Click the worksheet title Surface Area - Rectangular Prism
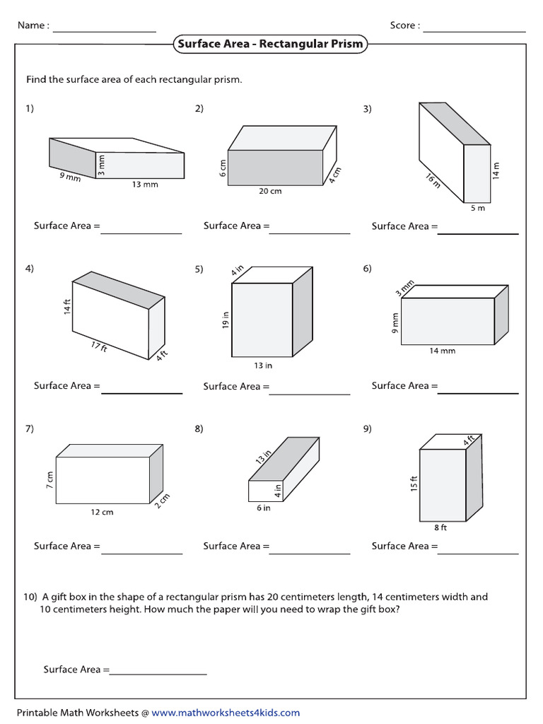pyautogui.click(x=270, y=44)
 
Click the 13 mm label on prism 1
pyautogui.click(x=144, y=185)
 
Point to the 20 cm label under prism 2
pyautogui.click(x=270, y=191)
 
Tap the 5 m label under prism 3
pyautogui.click(x=478, y=209)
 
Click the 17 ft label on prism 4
pyautogui.click(x=98, y=347)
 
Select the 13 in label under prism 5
pyautogui.click(x=263, y=366)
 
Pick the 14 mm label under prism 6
pyautogui.click(x=443, y=351)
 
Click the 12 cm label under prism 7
pyautogui.click(x=103, y=512)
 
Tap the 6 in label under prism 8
pyautogui.click(x=263, y=508)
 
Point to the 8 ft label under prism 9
pyautogui.click(x=440, y=527)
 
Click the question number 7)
pyautogui.click(x=30, y=429)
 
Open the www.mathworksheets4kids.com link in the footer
pyautogui.click(x=226, y=713)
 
